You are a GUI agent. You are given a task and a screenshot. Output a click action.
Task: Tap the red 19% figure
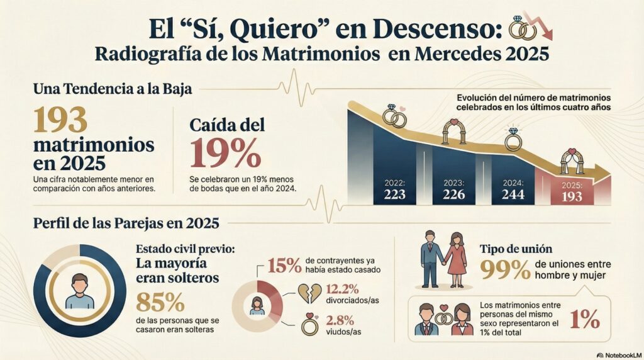pyautogui.click(x=225, y=153)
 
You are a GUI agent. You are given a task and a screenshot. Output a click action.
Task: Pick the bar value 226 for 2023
pyautogui.click(x=453, y=194)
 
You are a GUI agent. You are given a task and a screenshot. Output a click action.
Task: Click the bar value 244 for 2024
pyautogui.click(x=513, y=194)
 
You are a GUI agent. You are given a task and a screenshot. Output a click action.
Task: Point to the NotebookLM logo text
pyautogui.click(x=619, y=354)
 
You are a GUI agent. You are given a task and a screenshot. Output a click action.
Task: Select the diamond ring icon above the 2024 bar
pyautogui.click(x=513, y=139)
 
